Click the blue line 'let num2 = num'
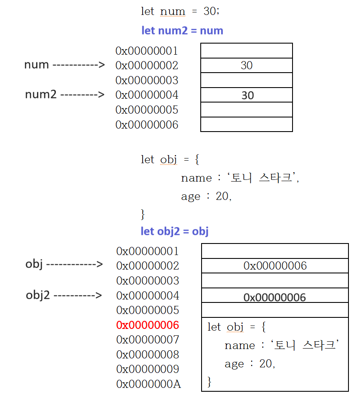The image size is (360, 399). point(182,31)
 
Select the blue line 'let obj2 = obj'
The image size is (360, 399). point(175,232)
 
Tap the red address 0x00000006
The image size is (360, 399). point(148,325)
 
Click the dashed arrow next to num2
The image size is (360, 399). point(82,94)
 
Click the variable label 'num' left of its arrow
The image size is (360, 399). point(36,65)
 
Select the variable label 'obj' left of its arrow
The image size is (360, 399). point(34,264)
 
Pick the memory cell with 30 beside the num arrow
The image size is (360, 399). point(246,65)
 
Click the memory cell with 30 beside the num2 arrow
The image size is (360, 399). point(246,95)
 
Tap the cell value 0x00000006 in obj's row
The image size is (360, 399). point(275,266)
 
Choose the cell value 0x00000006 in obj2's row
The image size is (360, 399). point(275,297)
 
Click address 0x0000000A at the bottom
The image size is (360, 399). point(149,384)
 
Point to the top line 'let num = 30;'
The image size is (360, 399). point(180,12)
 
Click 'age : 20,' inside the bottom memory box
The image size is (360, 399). point(250,364)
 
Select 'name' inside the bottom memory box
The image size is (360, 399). point(240,346)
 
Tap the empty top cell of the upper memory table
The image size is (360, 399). point(246,50)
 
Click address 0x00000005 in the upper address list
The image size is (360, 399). point(147,110)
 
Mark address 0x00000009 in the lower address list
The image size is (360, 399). point(148,369)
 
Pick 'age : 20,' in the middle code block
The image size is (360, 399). point(206,197)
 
